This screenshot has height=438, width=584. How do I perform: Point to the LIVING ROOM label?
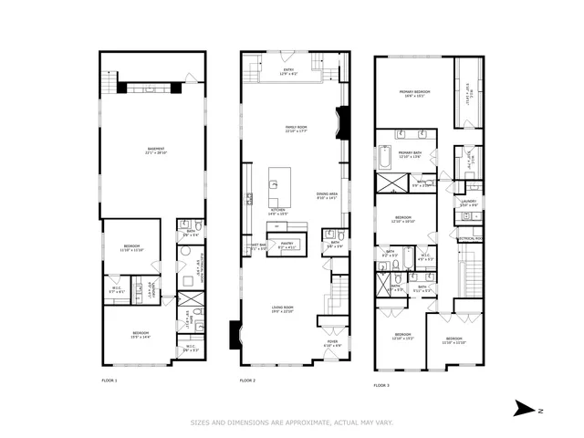tap(283, 308)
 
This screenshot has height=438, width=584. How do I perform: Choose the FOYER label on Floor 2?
tap(332, 343)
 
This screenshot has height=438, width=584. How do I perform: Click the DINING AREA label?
tap(327, 194)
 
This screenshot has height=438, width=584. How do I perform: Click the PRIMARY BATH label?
tap(409, 153)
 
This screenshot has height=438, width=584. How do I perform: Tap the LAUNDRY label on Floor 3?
tap(469, 203)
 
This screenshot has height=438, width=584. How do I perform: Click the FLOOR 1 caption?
tap(109, 380)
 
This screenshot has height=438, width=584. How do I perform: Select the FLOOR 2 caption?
tap(248, 380)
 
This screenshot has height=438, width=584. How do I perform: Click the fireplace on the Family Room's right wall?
tap(343, 121)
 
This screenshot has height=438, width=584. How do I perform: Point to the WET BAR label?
tap(258, 245)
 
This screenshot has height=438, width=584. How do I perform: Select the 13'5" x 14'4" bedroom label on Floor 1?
tap(141, 334)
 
